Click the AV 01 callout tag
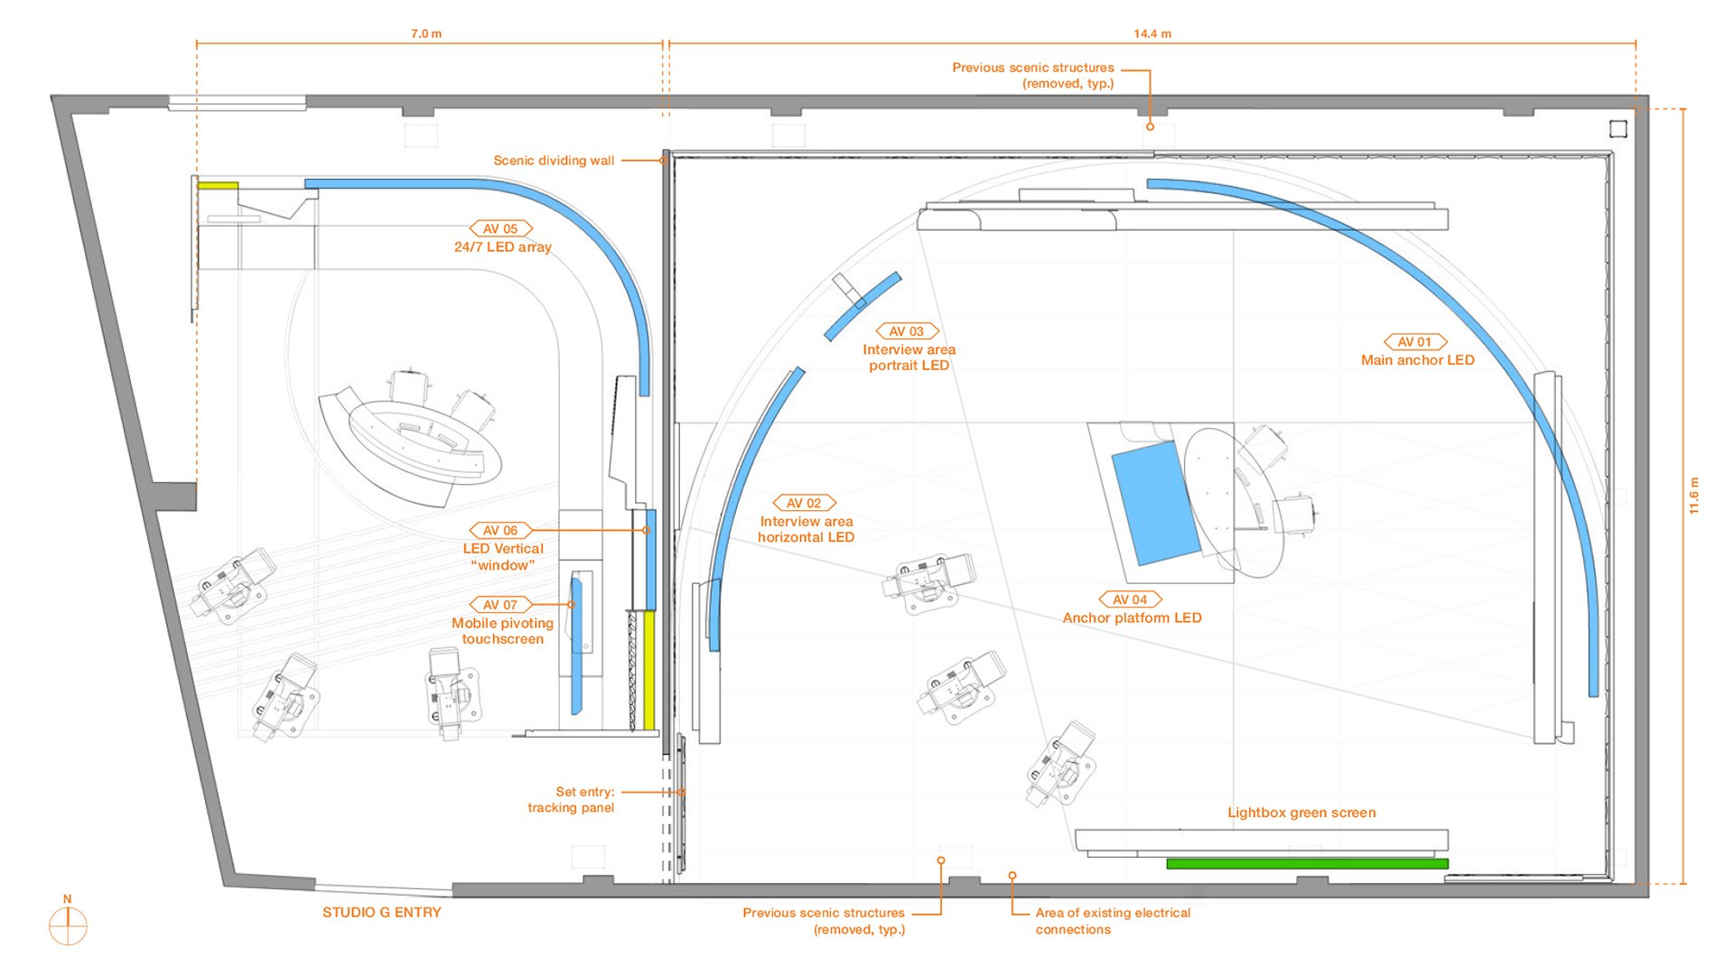[1415, 342]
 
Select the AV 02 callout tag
[804, 503]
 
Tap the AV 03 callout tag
[908, 331]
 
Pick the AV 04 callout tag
[1130, 599]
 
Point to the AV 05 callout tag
[501, 228]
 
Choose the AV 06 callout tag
[501, 530]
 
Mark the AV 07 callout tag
[501, 605]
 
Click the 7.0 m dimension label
[426, 33]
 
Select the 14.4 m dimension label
[1152, 33]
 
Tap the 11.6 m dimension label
[1694, 496]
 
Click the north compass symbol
[68, 922]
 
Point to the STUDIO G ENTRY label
[382, 913]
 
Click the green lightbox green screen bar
[1307, 864]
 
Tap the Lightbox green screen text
[1301, 812]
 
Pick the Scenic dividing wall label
[554, 161]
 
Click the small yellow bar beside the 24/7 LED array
[218, 186]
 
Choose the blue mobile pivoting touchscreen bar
[576, 645]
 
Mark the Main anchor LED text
[1417, 360]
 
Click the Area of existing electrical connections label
[1113, 921]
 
